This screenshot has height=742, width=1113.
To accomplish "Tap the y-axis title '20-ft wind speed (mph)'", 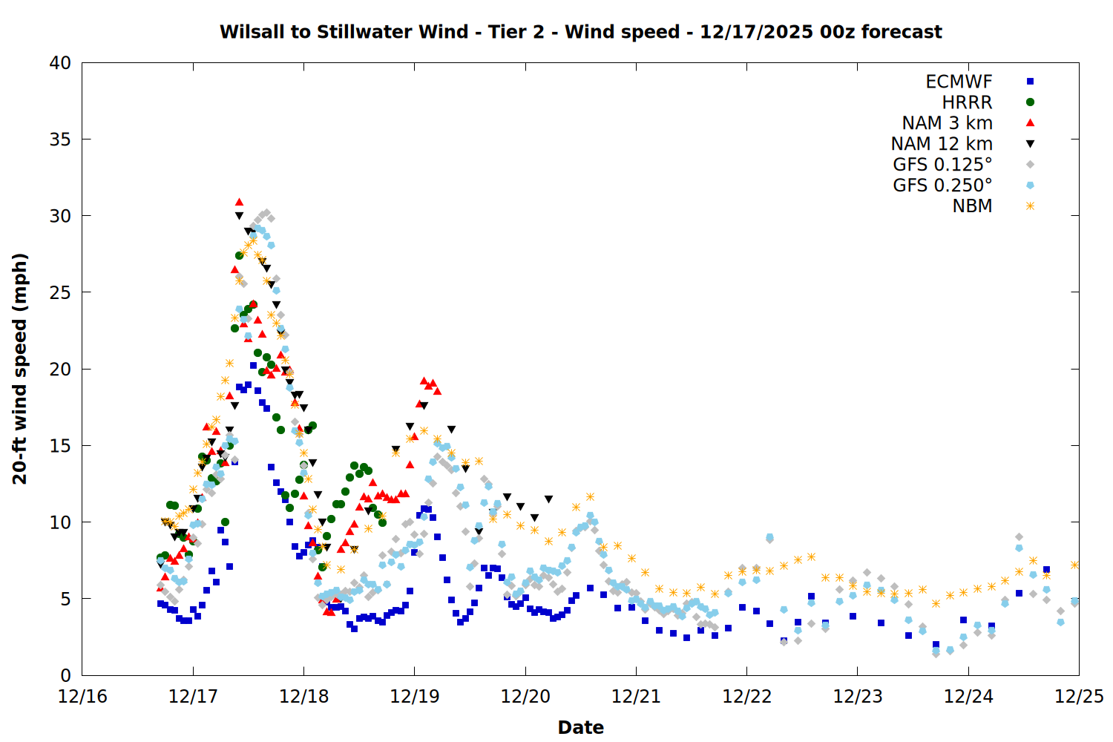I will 20,369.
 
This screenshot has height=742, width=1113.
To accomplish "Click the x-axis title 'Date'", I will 580,727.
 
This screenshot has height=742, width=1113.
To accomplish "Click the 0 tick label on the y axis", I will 66,675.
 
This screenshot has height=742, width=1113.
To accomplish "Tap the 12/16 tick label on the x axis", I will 82,697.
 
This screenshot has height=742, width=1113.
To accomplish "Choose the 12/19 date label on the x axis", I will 414,697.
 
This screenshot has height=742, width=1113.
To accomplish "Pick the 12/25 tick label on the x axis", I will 1079,697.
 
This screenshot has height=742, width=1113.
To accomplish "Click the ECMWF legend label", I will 959,82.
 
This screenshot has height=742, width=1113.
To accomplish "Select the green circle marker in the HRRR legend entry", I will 1030,102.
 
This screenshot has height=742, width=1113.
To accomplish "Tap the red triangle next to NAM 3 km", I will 1030,122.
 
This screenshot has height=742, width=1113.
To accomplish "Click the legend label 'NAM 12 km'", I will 942,144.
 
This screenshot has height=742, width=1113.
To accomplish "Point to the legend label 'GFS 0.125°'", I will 942,165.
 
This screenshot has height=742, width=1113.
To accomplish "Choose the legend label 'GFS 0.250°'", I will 942,185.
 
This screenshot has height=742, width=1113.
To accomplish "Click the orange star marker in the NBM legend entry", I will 1030,206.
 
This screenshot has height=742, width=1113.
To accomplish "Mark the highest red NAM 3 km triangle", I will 239,202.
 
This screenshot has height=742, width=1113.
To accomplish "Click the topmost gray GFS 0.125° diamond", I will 267,213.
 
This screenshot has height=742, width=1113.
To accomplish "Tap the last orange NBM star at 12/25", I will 1074,565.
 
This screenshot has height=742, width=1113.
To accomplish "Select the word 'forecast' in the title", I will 902,32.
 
